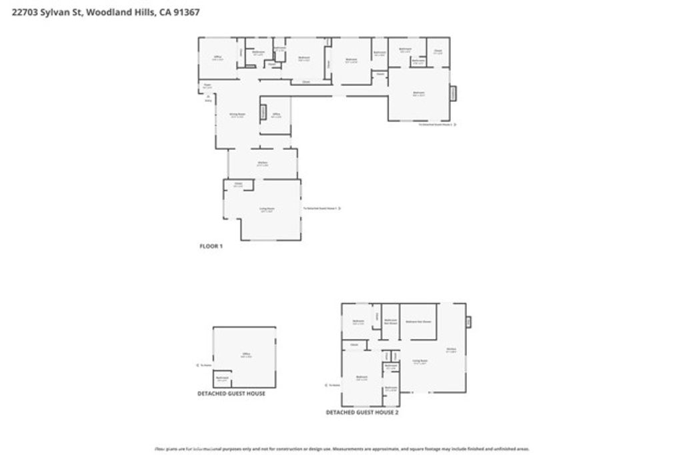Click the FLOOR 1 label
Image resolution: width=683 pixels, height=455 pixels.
click(211, 246)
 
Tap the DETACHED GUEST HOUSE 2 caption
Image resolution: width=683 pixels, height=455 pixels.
click(362, 412)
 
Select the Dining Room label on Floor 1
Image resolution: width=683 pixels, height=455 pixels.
click(237, 115)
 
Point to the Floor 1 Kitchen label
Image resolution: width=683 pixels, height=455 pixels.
click(262, 163)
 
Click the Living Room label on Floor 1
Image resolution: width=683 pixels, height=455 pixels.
click(267, 209)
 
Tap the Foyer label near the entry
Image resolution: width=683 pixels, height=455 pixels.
click(207, 85)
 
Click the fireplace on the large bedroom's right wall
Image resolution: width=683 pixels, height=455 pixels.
click(453, 94)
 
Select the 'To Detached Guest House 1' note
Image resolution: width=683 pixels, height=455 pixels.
click(321, 209)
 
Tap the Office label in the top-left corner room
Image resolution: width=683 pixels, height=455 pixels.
click(217, 58)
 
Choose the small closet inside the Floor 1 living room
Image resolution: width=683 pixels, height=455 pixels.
click(238, 185)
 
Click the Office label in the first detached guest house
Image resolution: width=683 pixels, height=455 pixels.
click(245, 356)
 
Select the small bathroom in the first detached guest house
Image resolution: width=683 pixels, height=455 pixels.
click(222, 380)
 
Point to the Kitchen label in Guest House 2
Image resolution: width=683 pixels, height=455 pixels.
click(451, 350)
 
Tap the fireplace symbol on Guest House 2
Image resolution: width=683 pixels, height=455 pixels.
click(468, 322)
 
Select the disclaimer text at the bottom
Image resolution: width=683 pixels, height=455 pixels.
click(341, 449)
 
